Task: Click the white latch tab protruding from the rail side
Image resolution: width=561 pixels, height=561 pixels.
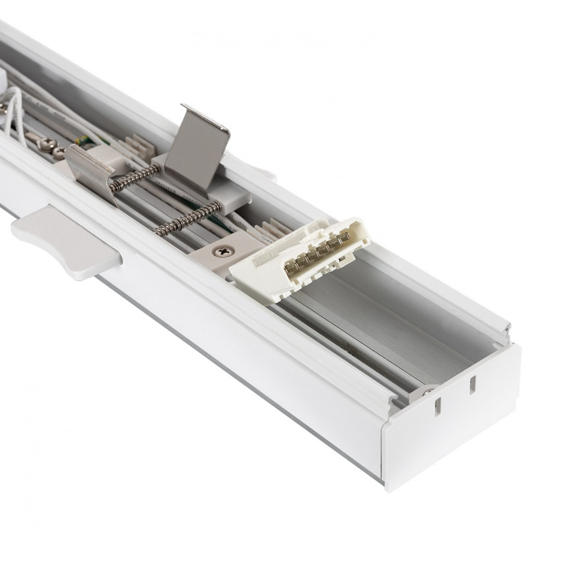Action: click(x=66, y=240)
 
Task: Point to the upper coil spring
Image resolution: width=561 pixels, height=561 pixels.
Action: click(x=135, y=177)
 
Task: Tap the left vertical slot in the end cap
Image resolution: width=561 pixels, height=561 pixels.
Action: click(x=436, y=409)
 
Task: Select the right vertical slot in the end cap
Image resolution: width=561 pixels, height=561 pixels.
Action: click(x=473, y=385)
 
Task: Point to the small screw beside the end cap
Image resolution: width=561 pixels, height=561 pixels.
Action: click(x=428, y=392)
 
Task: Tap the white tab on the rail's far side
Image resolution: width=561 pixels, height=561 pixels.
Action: click(x=264, y=173)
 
